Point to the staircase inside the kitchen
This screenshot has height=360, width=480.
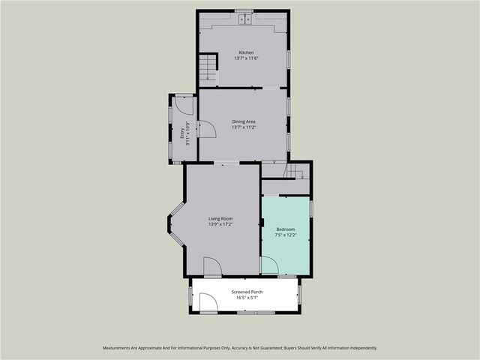[x=208, y=69]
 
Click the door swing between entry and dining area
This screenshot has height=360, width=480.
[x=206, y=129]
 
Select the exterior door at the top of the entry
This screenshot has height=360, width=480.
[x=184, y=104]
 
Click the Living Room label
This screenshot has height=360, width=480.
[x=220, y=218]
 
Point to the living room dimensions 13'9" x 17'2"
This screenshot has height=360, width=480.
[x=220, y=224]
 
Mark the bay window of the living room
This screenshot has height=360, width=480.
[x=173, y=223]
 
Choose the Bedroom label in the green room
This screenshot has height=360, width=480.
[x=285, y=229]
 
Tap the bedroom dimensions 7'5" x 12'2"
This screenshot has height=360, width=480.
[x=285, y=235]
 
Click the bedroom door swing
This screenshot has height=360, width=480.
[x=268, y=265]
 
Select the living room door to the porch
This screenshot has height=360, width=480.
[x=212, y=267]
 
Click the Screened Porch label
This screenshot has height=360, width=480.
[x=247, y=292]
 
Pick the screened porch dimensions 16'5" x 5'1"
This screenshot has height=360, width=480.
[x=247, y=298]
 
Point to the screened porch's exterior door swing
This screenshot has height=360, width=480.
[x=208, y=302]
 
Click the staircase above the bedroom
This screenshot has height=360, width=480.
[x=295, y=172]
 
